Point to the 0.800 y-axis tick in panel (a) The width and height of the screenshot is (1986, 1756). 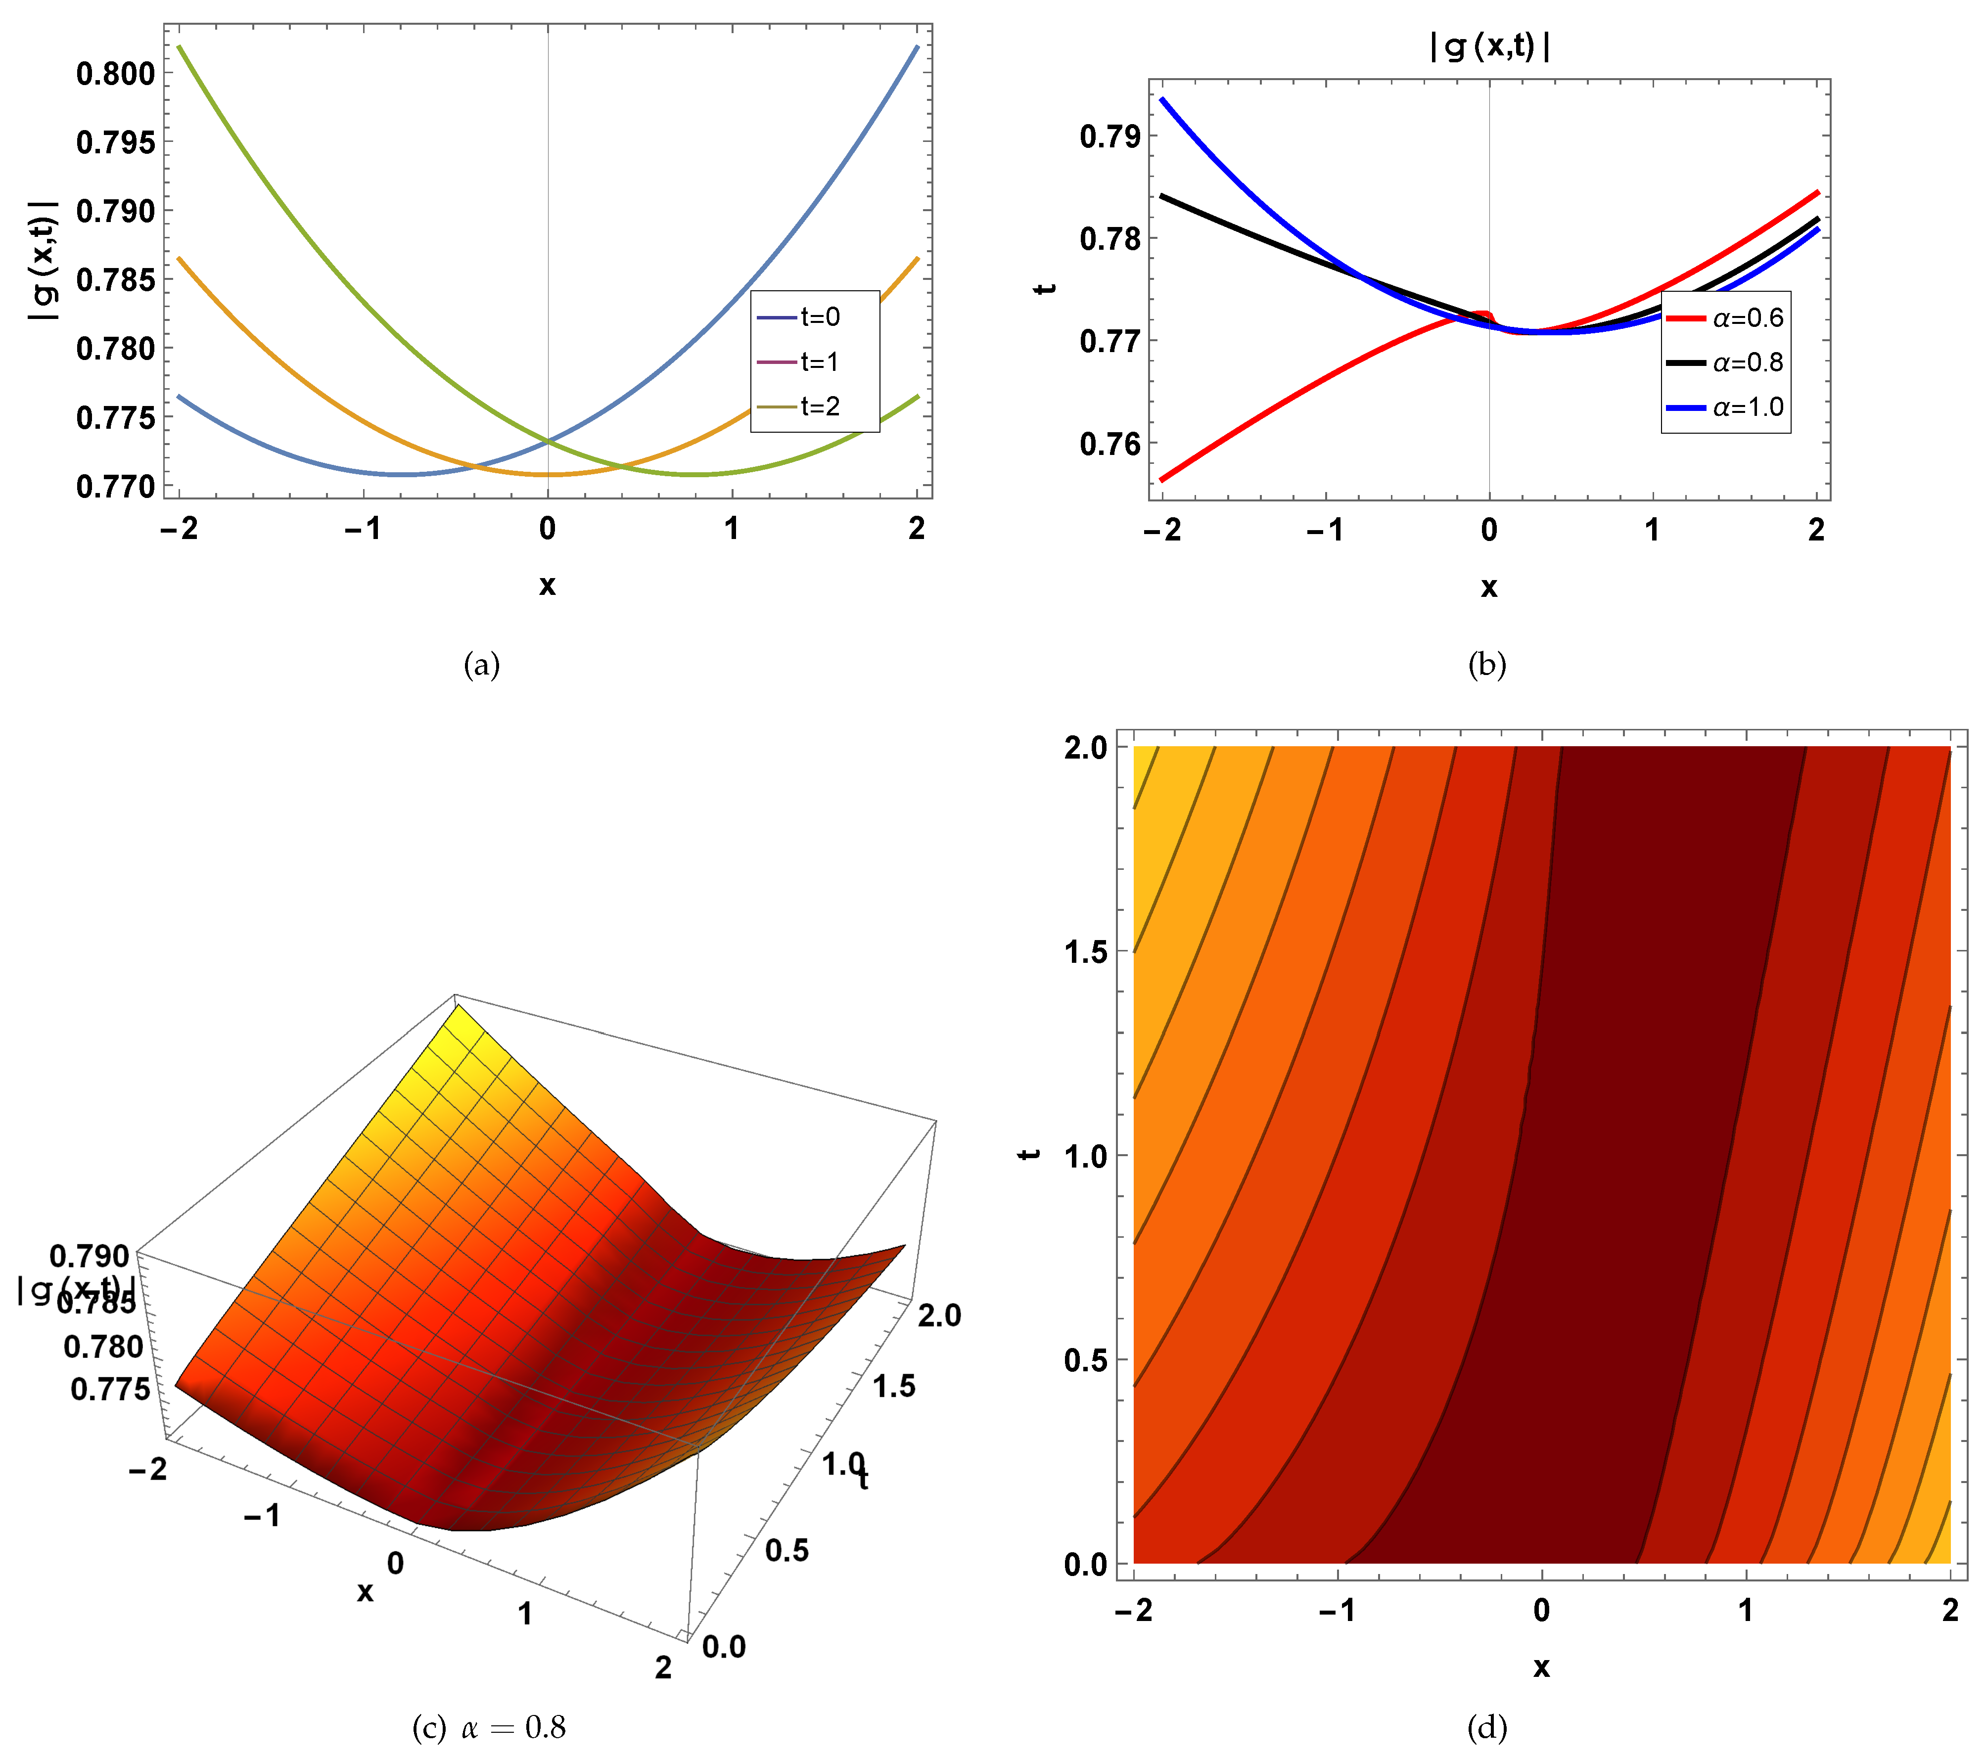[116, 74]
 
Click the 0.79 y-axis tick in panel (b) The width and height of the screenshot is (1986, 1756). [1109, 136]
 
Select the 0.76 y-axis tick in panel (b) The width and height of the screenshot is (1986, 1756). [1109, 444]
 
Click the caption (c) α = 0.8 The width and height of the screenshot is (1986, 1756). [489, 1727]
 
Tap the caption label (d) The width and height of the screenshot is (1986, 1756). [1486, 1727]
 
